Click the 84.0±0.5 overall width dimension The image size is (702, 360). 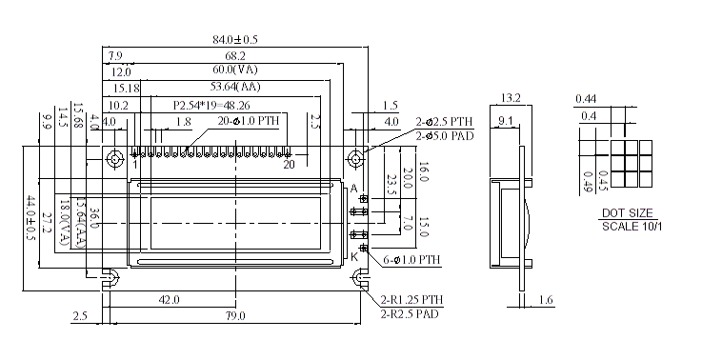point(234,39)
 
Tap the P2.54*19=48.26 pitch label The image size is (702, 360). point(211,105)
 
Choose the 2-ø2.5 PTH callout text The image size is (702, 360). point(444,122)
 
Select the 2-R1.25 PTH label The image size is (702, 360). point(412,300)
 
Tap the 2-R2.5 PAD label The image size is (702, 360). point(410,312)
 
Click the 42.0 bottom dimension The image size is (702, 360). point(170,300)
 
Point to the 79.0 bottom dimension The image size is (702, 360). point(234,315)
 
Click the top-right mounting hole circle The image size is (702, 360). point(357,156)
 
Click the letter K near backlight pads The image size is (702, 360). point(354,256)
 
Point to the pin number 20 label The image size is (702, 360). point(289,165)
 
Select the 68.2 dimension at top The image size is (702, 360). point(234,55)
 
